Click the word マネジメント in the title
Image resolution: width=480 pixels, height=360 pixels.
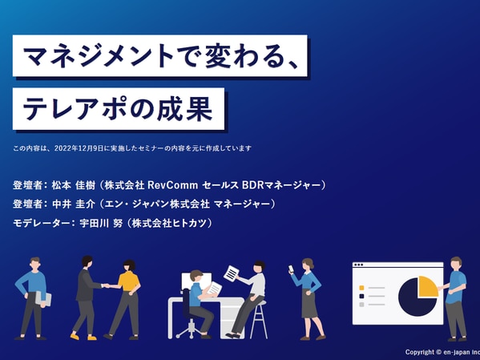tap(98, 56)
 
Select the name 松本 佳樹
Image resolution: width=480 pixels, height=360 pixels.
tap(74, 185)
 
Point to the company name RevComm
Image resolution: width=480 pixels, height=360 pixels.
tap(172, 185)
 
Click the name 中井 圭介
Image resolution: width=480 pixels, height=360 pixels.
tap(74, 204)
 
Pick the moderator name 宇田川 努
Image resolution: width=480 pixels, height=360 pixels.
tap(101, 223)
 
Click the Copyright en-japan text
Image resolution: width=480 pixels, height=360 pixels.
tap(442, 352)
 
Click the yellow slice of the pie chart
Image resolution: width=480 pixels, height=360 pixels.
tap(427, 287)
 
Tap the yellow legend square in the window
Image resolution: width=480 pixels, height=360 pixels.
tap(361, 288)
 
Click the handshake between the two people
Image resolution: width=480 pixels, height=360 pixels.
tap(107, 285)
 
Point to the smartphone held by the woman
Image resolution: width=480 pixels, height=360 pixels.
tap(291, 269)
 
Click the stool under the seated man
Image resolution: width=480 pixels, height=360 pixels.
tap(259, 320)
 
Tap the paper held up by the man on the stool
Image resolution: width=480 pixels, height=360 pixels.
tap(232, 273)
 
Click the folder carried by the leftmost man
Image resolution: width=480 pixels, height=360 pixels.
tap(42, 298)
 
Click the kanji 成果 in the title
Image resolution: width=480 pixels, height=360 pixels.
tap(185, 109)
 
